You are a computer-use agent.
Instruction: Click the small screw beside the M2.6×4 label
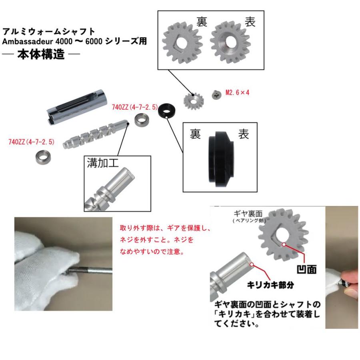pos(217,94)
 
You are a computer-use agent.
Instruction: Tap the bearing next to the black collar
pos(141,119)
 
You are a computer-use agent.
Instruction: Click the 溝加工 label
pos(103,163)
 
